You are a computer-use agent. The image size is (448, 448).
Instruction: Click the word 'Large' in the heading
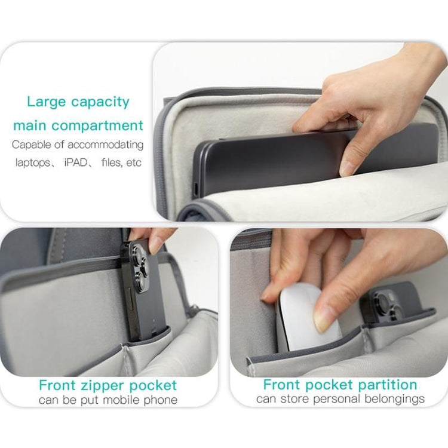click(46, 102)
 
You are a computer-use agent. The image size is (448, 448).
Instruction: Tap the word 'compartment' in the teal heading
click(97, 125)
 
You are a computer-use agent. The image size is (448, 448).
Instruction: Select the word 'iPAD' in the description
click(76, 162)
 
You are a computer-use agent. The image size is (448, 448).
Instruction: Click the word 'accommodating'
click(105, 145)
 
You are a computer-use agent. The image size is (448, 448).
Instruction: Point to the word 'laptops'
click(33, 163)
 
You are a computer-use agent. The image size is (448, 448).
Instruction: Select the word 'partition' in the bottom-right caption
click(387, 385)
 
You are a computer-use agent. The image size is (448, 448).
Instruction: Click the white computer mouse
click(307, 317)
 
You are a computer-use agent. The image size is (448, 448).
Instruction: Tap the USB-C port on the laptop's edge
click(196, 189)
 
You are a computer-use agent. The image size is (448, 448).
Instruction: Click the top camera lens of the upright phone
click(138, 252)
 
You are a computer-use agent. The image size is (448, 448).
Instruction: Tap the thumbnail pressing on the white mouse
click(323, 320)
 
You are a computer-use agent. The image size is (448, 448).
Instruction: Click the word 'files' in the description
click(111, 162)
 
